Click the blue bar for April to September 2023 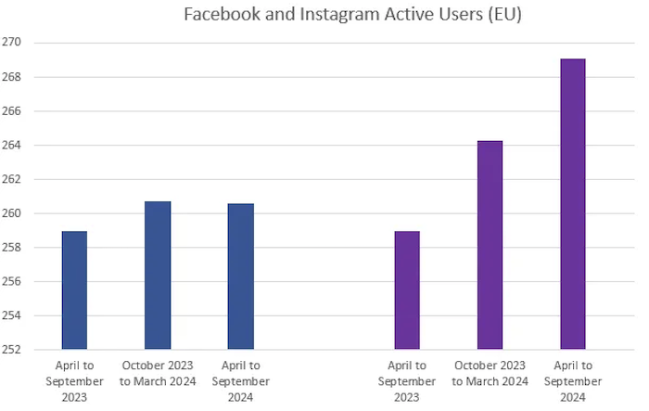[x=74, y=290]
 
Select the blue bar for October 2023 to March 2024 [x=158, y=276]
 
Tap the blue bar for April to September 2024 [x=241, y=276]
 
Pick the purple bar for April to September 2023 [x=407, y=290]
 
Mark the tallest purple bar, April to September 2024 [x=573, y=204]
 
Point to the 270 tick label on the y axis [x=14, y=43]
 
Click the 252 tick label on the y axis [x=14, y=350]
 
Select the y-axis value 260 [x=14, y=213]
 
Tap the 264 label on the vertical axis [x=14, y=146]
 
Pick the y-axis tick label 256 [x=14, y=282]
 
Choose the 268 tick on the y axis [x=14, y=77]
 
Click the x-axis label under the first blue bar [x=74, y=381]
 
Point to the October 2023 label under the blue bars [x=158, y=374]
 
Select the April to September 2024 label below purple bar [x=573, y=381]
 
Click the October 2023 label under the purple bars [x=490, y=374]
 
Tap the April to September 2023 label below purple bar [x=407, y=381]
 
